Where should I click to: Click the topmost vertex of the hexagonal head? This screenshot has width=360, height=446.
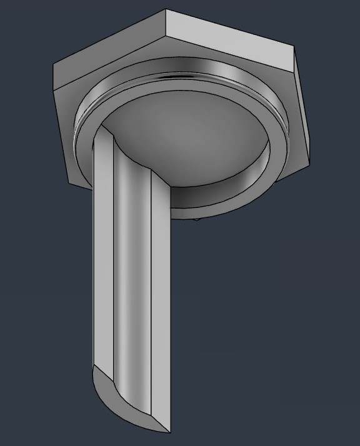(x=166, y=9)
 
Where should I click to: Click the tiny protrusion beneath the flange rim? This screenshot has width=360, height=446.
(x=197, y=219)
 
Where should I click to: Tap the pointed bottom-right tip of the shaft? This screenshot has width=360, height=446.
(x=170, y=433)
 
